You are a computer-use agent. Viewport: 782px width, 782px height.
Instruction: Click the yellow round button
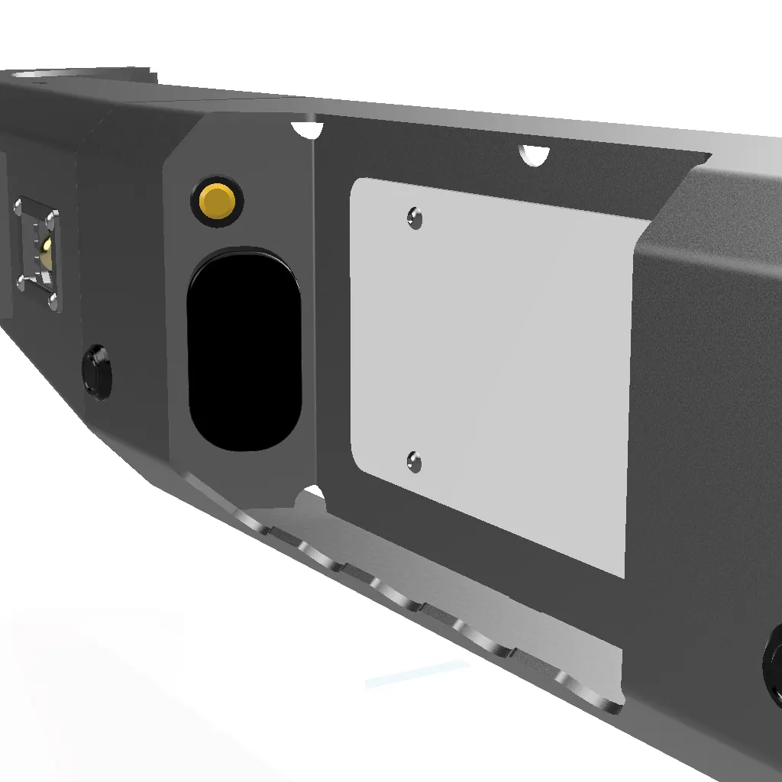218,201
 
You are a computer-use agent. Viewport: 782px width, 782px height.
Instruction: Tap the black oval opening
244,348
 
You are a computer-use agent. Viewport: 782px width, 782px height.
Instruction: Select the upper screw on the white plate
414,219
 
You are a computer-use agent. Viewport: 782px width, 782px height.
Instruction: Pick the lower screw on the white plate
414,461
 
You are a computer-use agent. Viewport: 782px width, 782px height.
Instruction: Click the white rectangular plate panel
496,367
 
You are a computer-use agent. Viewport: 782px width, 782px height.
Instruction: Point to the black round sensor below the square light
97,372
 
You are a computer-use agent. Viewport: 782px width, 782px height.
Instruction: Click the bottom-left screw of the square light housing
21,284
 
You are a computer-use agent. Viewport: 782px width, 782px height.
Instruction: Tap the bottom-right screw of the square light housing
53,302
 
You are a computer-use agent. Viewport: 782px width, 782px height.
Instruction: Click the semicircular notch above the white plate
534,155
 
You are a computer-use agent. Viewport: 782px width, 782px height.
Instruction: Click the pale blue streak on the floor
416,674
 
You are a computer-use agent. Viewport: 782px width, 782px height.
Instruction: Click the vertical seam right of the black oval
315,305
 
